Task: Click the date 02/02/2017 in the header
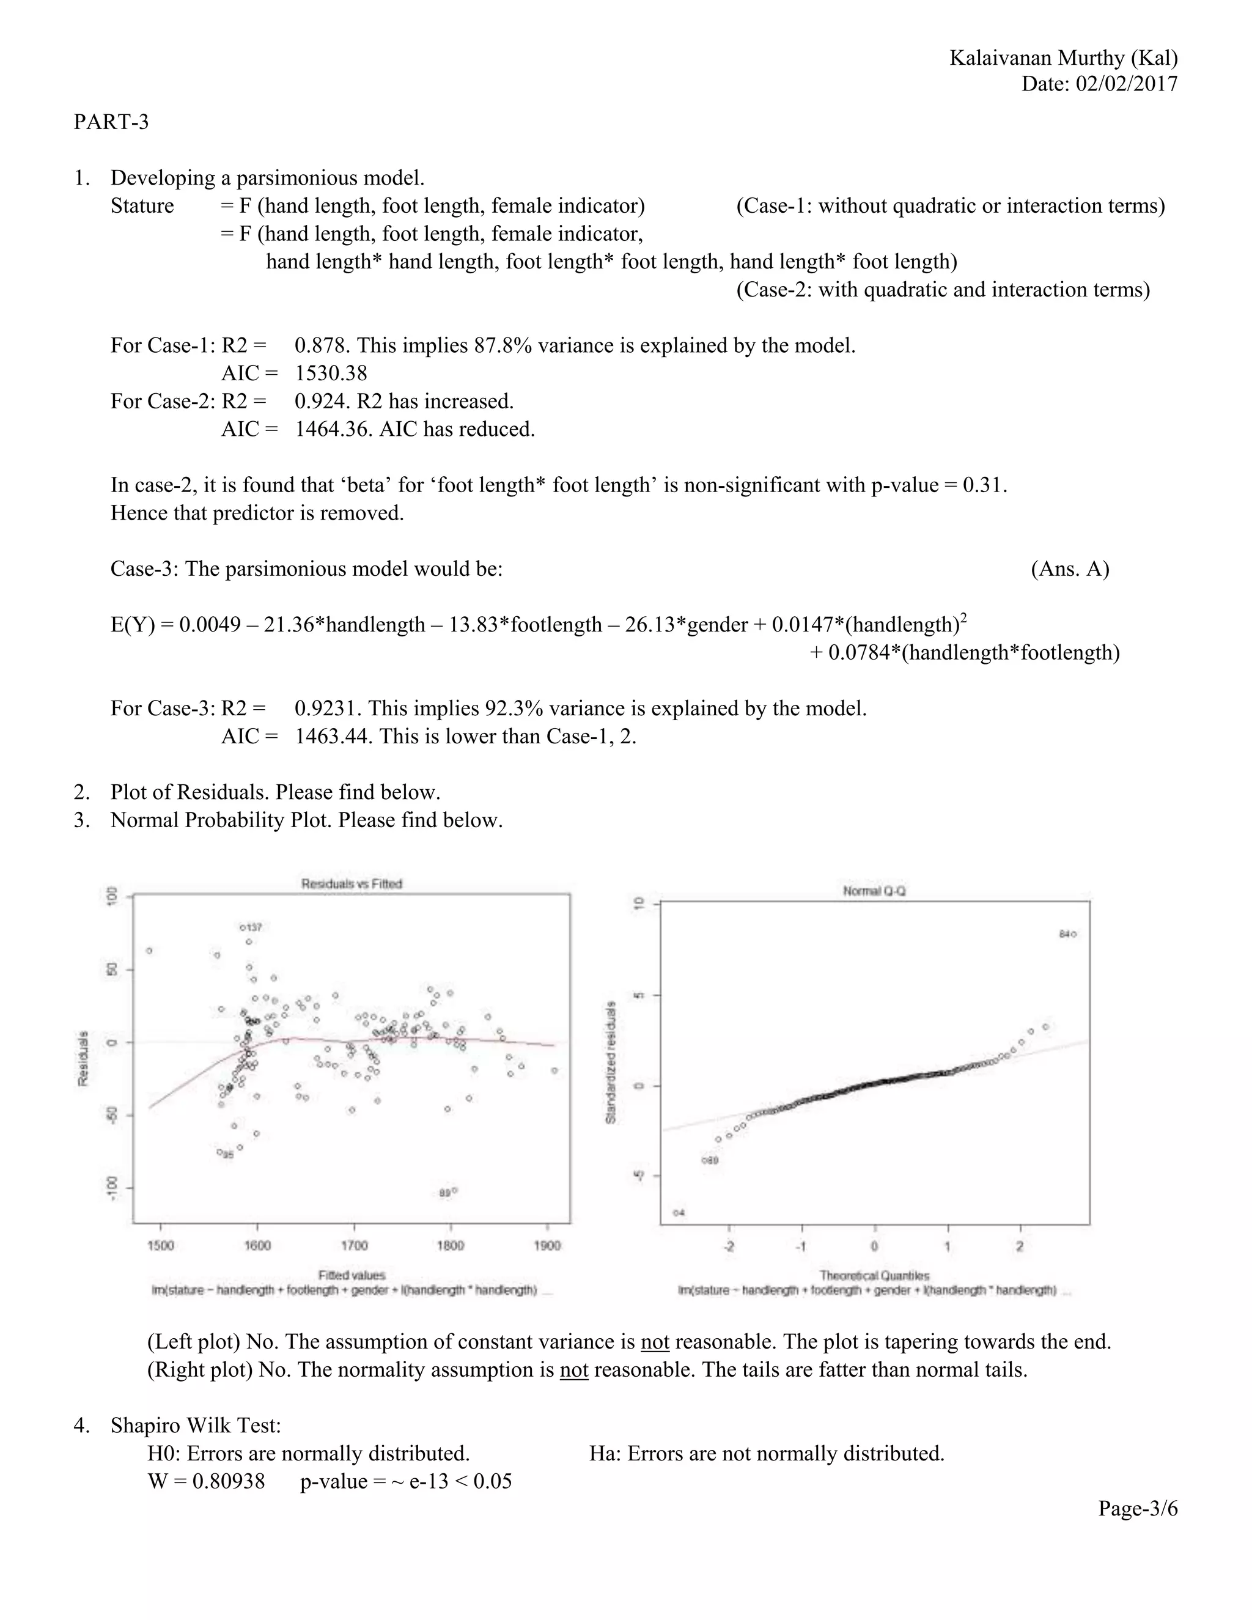1127,84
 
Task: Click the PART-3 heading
111,122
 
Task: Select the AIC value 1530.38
331,373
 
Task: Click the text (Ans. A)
1070,569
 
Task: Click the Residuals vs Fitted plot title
352,883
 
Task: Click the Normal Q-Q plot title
874,891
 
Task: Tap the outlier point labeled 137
243,927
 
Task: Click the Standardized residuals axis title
611,1062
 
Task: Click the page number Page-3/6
1137,1509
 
